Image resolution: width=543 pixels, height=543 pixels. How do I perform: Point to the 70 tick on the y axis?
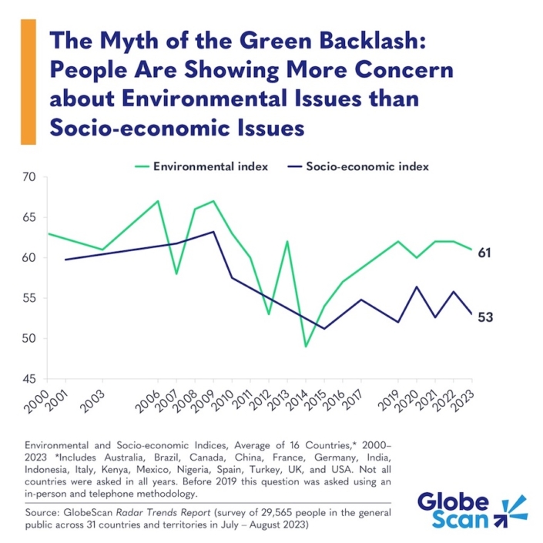pos(29,177)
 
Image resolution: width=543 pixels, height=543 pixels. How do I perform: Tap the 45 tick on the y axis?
pos(29,379)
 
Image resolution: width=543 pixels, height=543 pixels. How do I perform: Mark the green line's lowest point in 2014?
pos(306,347)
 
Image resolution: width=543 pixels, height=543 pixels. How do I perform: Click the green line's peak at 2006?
pos(158,201)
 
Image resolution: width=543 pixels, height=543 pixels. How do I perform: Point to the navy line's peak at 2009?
pos(213,231)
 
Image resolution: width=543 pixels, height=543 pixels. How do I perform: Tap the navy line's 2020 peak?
pos(417,287)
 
